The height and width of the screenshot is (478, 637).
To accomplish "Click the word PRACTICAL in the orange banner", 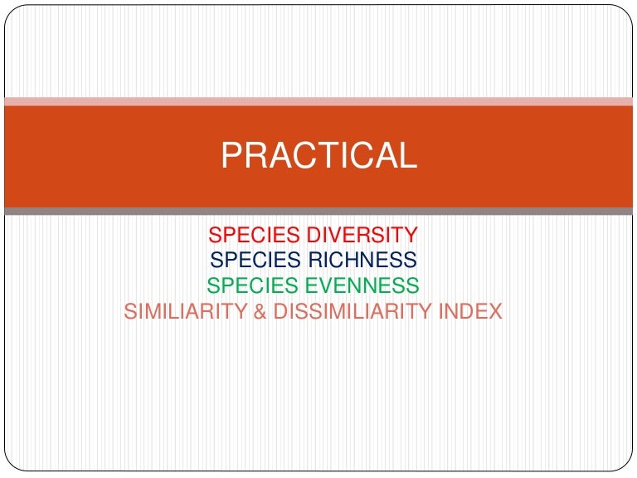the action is point(318,155).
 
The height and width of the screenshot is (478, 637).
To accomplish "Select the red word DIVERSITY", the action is point(362,235).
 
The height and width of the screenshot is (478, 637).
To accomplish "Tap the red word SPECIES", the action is point(255,235).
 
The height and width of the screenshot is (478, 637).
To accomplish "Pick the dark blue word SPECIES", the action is point(255,259).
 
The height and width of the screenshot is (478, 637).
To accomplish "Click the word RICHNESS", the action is point(362,259).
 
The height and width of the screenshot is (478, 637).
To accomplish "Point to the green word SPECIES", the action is point(252,285).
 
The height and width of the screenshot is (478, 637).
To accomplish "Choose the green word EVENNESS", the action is point(362,285).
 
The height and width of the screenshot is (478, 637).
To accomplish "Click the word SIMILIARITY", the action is point(186,311).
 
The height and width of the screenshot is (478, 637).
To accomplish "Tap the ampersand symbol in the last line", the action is point(260,311).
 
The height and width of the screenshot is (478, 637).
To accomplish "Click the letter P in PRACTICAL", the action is point(231,155).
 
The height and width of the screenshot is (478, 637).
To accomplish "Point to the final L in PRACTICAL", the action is point(409,155).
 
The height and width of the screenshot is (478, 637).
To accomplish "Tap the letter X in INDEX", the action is point(494,311).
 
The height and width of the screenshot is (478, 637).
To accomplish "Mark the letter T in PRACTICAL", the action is point(324,155).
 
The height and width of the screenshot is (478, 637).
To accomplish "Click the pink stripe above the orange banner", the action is point(318,101).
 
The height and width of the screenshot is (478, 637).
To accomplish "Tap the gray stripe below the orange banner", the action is point(318,211).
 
